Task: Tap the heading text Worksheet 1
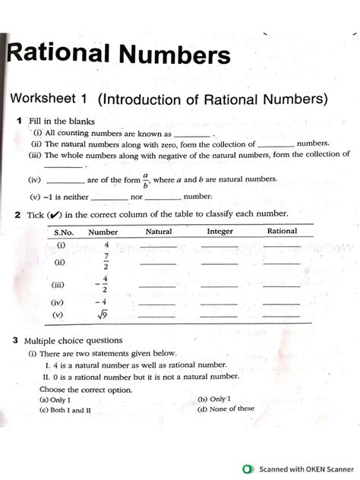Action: tap(49, 99)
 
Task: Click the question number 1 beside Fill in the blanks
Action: tap(18, 121)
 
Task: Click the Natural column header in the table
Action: tap(158, 232)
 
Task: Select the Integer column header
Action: tap(219, 232)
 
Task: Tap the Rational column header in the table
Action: tap(282, 232)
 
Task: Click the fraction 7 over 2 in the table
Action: tap(106, 262)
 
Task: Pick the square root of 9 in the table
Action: tap(106, 314)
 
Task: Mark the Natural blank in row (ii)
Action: tap(158, 264)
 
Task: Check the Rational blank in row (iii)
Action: tap(282, 288)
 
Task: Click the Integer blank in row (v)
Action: tap(219, 314)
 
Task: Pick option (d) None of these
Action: tap(226, 409)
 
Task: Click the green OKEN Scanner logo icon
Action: tap(247, 469)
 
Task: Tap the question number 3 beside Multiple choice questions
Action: tap(16, 341)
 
